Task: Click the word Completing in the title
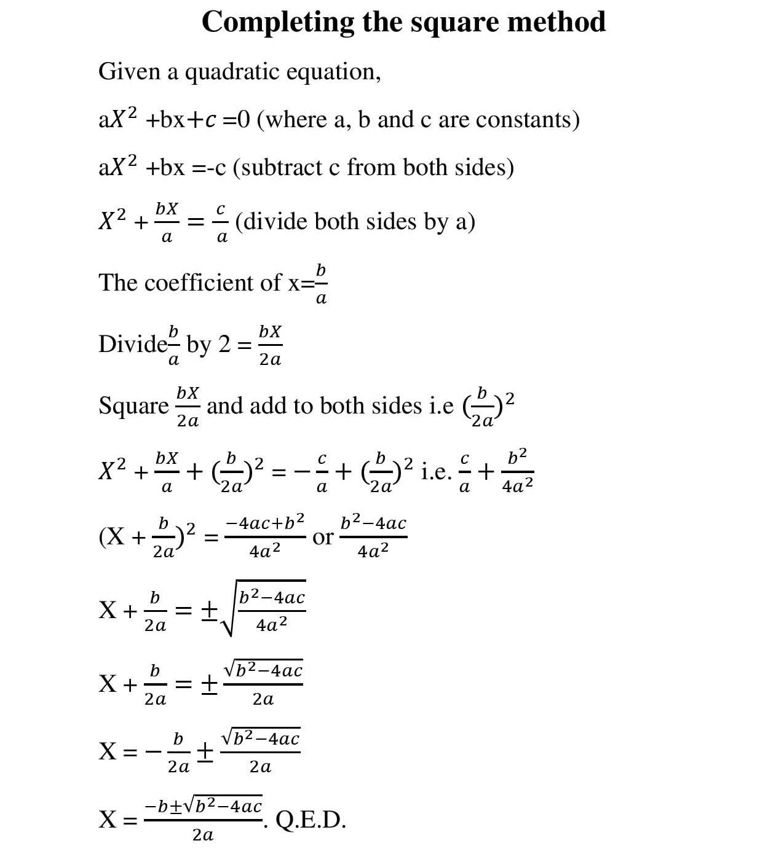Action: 277,23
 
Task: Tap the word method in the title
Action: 556,22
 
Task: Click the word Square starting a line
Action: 133,406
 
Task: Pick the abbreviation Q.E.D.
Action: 311,820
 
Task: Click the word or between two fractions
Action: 323,538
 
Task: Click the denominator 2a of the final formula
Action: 203,835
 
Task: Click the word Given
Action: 125,72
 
